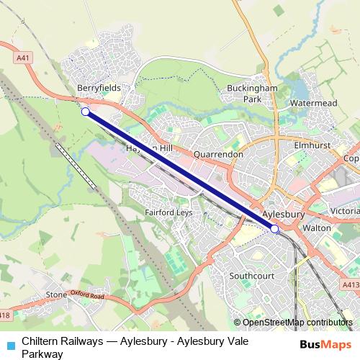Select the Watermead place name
(x=313, y=104)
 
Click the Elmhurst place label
(x=312, y=144)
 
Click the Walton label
(x=317, y=228)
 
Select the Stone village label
(x=56, y=295)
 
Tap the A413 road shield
(x=351, y=285)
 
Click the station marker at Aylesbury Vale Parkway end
(x=86, y=112)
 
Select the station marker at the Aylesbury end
(x=274, y=229)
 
